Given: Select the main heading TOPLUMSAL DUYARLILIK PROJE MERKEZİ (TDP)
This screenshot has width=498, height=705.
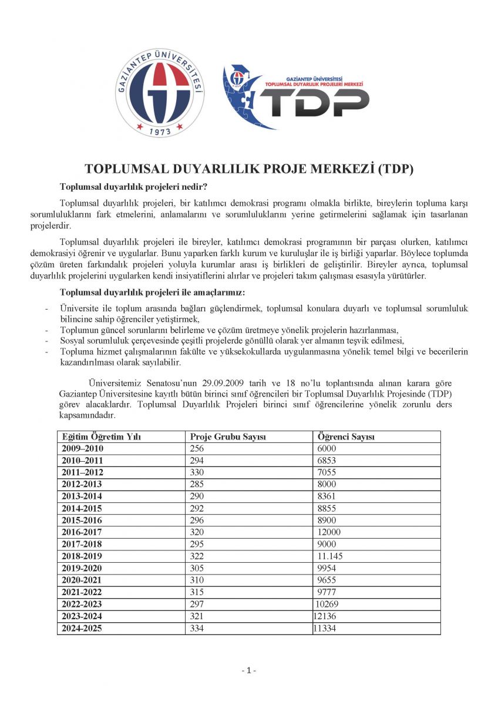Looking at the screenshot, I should click(x=249, y=169).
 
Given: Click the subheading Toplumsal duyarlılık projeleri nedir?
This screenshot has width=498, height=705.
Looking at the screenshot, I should click(x=133, y=187).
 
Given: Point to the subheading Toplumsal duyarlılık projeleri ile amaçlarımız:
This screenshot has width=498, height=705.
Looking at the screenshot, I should click(x=152, y=292).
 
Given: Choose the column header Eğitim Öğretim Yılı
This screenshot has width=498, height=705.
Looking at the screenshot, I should click(x=101, y=437).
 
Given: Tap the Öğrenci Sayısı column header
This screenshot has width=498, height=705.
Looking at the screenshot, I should click(x=346, y=437).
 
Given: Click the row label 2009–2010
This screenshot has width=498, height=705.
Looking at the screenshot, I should click(x=82, y=449).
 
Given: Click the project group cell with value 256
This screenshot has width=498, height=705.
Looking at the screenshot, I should click(x=197, y=449).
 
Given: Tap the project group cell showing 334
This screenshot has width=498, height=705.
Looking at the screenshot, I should click(x=197, y=628).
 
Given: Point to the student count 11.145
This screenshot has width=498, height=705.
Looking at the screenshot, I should click(x=330, y=556).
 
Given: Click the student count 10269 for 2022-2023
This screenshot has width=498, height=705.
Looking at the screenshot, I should click(x=328, y=604).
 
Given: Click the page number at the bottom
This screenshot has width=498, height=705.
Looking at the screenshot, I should click(x=249, y=670).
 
